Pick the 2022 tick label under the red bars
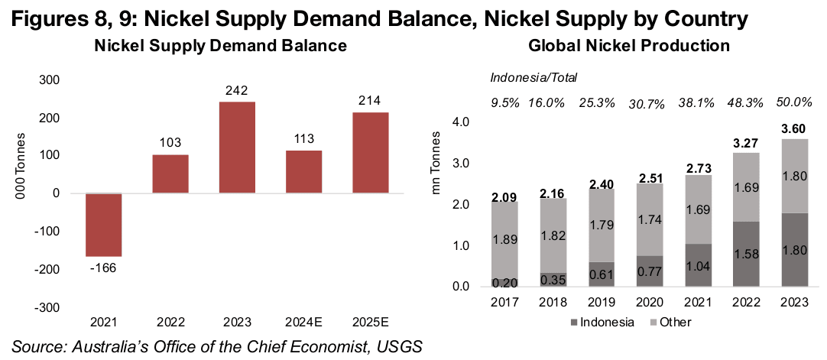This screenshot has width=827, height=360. (170, 323)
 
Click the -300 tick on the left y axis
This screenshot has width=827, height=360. (50, 306)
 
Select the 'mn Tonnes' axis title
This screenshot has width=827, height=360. (438, 205)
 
